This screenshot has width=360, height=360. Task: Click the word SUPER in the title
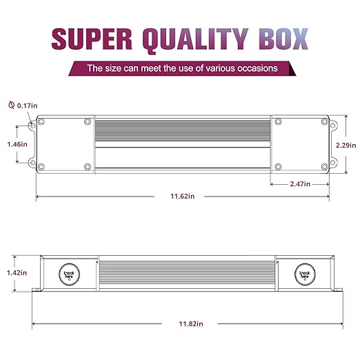coord(92,39)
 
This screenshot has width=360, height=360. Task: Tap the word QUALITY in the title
coord(195,41)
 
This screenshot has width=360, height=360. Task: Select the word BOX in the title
coord(283,39)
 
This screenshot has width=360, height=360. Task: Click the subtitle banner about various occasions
coord(182,68)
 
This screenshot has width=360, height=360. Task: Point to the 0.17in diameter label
coord(27,106)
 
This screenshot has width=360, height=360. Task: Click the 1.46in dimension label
coord(17,144)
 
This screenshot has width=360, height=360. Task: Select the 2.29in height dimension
coord(346,145)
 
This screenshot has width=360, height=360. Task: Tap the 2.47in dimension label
coord(300,184)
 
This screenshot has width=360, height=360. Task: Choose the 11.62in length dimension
coord(182,196)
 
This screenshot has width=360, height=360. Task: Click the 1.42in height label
coord(17,272)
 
